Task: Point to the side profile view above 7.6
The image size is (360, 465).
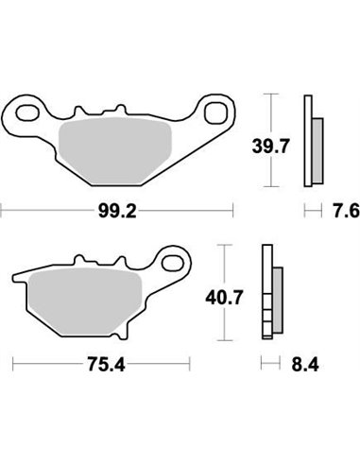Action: [312, 141]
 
